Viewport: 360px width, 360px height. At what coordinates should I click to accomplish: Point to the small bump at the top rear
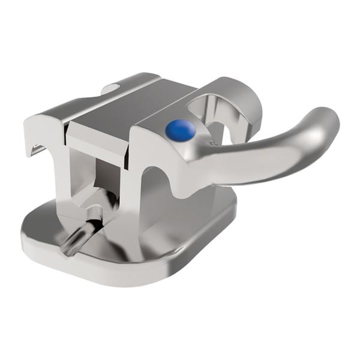(110, 89)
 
